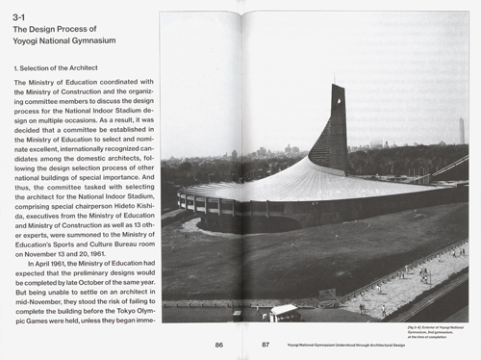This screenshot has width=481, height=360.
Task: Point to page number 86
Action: pyautogui.click(x=218, y=343)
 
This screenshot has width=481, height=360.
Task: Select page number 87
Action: pyautogui.click(x=265, y=343)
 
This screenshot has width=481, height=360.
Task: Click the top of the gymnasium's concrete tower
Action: pyautogui.click(x=336, y=89)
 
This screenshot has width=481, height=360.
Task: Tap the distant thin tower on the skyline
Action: pyautogui.click(x=460, y=130)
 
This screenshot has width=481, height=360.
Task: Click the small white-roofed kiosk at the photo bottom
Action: pyautogui.click(x=285, y=312)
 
